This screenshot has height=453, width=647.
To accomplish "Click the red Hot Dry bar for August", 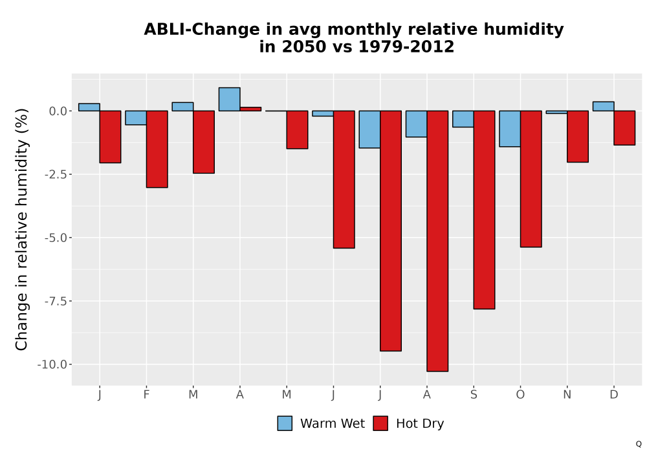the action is [x=437, y=241].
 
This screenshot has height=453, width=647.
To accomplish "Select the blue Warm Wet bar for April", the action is [x=230, y=99].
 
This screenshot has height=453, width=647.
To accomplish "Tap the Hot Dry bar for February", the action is [x=157, y=149].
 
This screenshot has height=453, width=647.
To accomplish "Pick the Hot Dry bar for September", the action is [x=484, y=210].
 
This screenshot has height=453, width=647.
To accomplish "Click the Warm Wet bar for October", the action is [x=510, y=129].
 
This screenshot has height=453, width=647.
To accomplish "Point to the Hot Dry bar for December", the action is [x=624, y=128].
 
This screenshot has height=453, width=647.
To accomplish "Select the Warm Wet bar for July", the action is [x=369, y=129].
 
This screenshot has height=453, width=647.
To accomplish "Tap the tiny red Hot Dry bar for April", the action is [x=250, y=109].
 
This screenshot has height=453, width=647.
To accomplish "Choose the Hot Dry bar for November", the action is [x=578, y=136].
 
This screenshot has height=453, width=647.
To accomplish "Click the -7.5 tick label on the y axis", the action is [x=56, y=301].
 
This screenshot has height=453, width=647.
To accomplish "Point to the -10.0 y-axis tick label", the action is [x=52, y=365].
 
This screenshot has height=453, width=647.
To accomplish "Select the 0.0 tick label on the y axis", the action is [x=58, y=111].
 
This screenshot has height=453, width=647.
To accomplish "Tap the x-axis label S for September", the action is [x=474, y=395].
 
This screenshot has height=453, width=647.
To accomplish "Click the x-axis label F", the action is [x=146, y=395].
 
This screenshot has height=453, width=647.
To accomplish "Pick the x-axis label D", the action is [x=614, y=395].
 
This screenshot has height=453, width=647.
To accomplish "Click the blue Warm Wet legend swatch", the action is [x=285, y=423].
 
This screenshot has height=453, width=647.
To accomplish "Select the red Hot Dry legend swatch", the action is [x=380, y=423].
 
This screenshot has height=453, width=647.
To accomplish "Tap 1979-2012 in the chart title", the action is [x=406, y=47].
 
